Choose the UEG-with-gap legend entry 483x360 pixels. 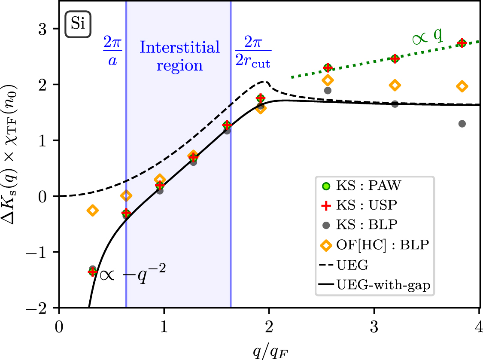pos(374,284)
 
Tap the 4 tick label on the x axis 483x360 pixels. pos(479,323)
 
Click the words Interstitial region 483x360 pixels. pos(179,56)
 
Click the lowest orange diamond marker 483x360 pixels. pos(92,210)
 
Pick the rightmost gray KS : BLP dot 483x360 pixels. pos(462,124)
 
